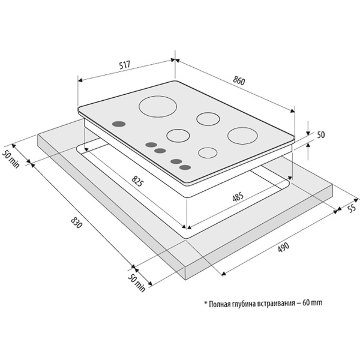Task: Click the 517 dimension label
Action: (x=125, y=65)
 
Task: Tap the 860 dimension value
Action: (x=239, y=80)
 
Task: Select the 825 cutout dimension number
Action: (x=137, y=181)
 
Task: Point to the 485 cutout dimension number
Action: (x=238, y=197)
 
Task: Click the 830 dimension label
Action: (x=76, y=223)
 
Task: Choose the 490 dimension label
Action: (x=284, y=247)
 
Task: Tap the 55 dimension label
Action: (x=352, y=208)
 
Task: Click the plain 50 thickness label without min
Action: (x=321, y=135)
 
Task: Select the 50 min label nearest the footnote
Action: (x=137, y=283)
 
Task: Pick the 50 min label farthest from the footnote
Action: (x=11, y=158)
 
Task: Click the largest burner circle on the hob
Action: (x=158, y=107)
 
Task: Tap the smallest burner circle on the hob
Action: (x=208, y=152)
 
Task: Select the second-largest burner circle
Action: (x=242, y=136)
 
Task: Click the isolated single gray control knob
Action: (x=119, y=124)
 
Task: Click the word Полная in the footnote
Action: (x=221, y=304)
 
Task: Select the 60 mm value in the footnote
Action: (x=313, y=303)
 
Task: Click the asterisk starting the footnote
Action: (x=206, y=302)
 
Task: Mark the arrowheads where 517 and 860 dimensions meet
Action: (x=175, y=60)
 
